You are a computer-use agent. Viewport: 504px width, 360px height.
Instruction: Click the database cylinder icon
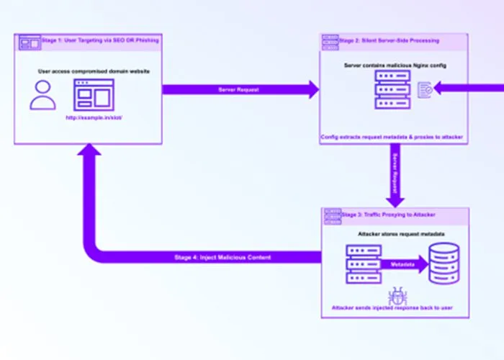click(443, 264)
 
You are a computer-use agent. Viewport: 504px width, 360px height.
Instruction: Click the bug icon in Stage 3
click(396, 295)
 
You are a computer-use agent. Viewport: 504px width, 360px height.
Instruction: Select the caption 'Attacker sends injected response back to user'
click(392, 308)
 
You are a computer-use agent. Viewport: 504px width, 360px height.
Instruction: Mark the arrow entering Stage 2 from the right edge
click(468, 89)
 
